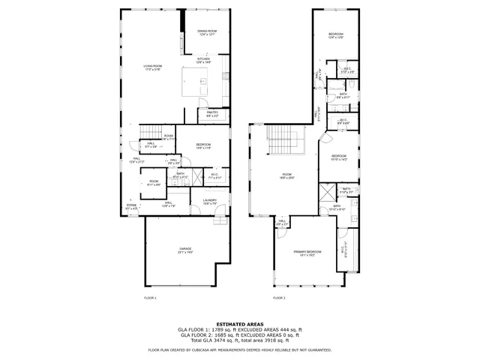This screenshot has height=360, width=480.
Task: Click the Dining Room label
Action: click(206, 32)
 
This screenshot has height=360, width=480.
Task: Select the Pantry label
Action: click(211, 114)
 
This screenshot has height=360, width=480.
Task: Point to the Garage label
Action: click(185, 250)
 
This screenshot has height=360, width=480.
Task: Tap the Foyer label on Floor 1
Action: click(131, 206)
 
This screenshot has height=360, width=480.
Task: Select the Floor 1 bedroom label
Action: click(203, 145)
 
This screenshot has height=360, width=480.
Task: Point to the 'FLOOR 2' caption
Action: click(279, 298)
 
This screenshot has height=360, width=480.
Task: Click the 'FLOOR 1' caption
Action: click(150, 298)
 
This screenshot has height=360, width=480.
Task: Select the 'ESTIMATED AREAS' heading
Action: click(239, 324)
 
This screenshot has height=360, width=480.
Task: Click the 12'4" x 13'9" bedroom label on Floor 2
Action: click(335, 36)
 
